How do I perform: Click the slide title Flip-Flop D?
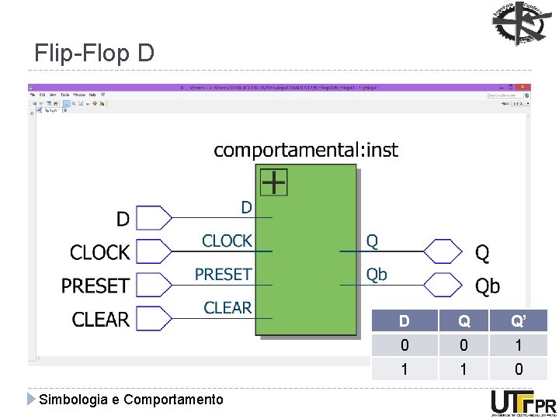click(95, 54)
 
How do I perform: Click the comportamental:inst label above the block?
click(305, 150)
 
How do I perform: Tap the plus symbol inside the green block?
click(273, 182)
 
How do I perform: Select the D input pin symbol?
click(154, 218)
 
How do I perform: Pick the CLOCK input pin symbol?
click(154, 251)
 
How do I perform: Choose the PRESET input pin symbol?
click(154, 285)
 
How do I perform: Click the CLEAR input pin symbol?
click(154, 318)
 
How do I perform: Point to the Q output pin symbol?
click(443, 251)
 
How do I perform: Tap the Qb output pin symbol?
click(443, 285)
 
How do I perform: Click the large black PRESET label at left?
click(95, 286)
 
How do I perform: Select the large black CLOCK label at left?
click(99, 252)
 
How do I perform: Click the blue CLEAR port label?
click(227, 308)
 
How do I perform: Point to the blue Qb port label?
click(377, 275)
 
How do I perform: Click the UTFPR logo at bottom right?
click(523, 403)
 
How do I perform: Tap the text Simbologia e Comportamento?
click(131, 400)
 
